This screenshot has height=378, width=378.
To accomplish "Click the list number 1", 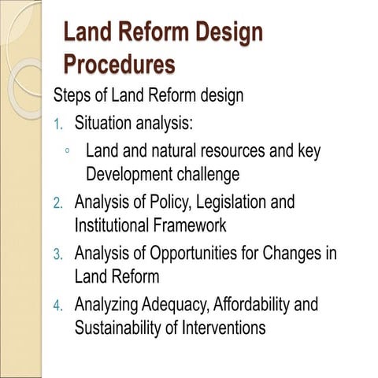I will tap(57, 124).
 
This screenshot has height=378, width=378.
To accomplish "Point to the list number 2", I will tap(57, 203).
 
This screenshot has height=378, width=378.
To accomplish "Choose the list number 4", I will tap(57, 306).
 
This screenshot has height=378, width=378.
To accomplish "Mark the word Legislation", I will tap(228, 202).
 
